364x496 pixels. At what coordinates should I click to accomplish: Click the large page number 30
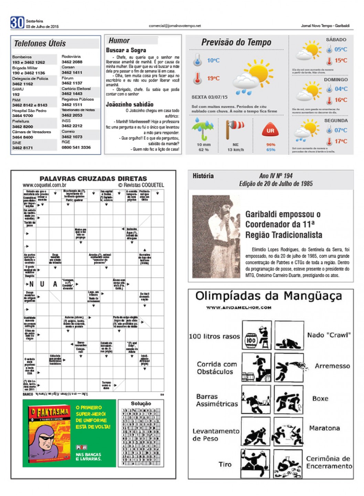[17, 23]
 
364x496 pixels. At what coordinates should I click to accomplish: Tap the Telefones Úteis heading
[40, 44]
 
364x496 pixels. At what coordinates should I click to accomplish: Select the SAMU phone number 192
[16, 94]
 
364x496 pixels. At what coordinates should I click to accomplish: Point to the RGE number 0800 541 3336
[76, 147]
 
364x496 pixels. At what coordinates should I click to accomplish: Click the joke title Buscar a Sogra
[126, 50]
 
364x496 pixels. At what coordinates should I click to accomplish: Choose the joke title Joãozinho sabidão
[130, 104]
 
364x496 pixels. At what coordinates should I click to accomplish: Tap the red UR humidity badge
[270, 131]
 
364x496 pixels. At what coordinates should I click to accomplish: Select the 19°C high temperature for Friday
[213, 78]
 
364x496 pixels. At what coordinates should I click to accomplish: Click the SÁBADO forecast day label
[336, 40]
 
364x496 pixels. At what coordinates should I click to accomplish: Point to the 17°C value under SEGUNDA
[341, 141]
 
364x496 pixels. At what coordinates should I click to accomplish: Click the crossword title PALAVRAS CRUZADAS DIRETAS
[93, 179]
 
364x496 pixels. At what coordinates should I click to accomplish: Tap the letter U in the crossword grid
[42, 284]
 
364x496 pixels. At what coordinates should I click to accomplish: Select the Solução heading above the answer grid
[141, 404]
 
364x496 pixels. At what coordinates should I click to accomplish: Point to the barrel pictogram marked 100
[251, 341]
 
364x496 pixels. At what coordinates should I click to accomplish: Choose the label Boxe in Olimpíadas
[320, 399]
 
